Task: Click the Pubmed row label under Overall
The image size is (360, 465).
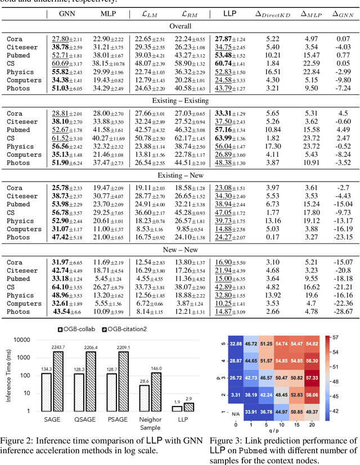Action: click(19, 56)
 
